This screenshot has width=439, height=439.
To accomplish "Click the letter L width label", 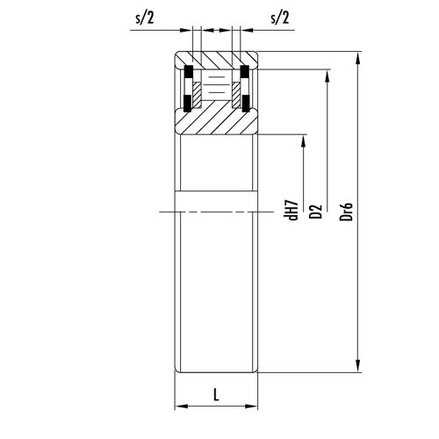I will (x=216, y=395).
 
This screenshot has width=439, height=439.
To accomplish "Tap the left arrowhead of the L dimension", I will (x=179, y=407).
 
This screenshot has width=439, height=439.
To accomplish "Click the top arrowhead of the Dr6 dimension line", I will (x=357, y=59).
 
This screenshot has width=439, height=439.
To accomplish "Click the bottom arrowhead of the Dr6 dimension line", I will (x=357, y=369).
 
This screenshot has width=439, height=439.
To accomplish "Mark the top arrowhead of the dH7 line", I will (x=304, y=139).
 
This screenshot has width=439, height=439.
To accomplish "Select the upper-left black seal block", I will (x=187, y=71).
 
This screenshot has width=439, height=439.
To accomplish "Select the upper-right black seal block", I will (x=246, y=71).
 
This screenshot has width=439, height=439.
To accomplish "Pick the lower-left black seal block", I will (x=187, y=104).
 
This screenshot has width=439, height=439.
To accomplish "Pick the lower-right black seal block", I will (x=246, y=104).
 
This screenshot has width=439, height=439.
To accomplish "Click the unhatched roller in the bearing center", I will (x=216, y=89).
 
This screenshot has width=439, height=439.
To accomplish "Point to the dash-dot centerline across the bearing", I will (x=216, y=212).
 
